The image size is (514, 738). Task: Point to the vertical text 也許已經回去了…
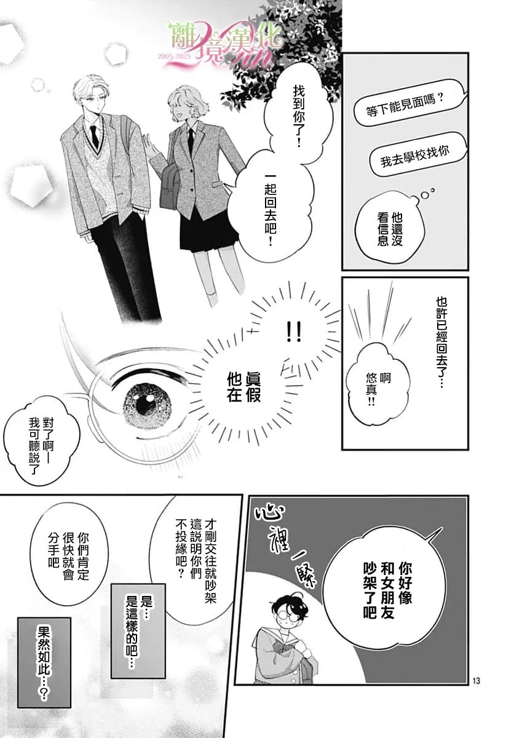coord(440,342)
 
